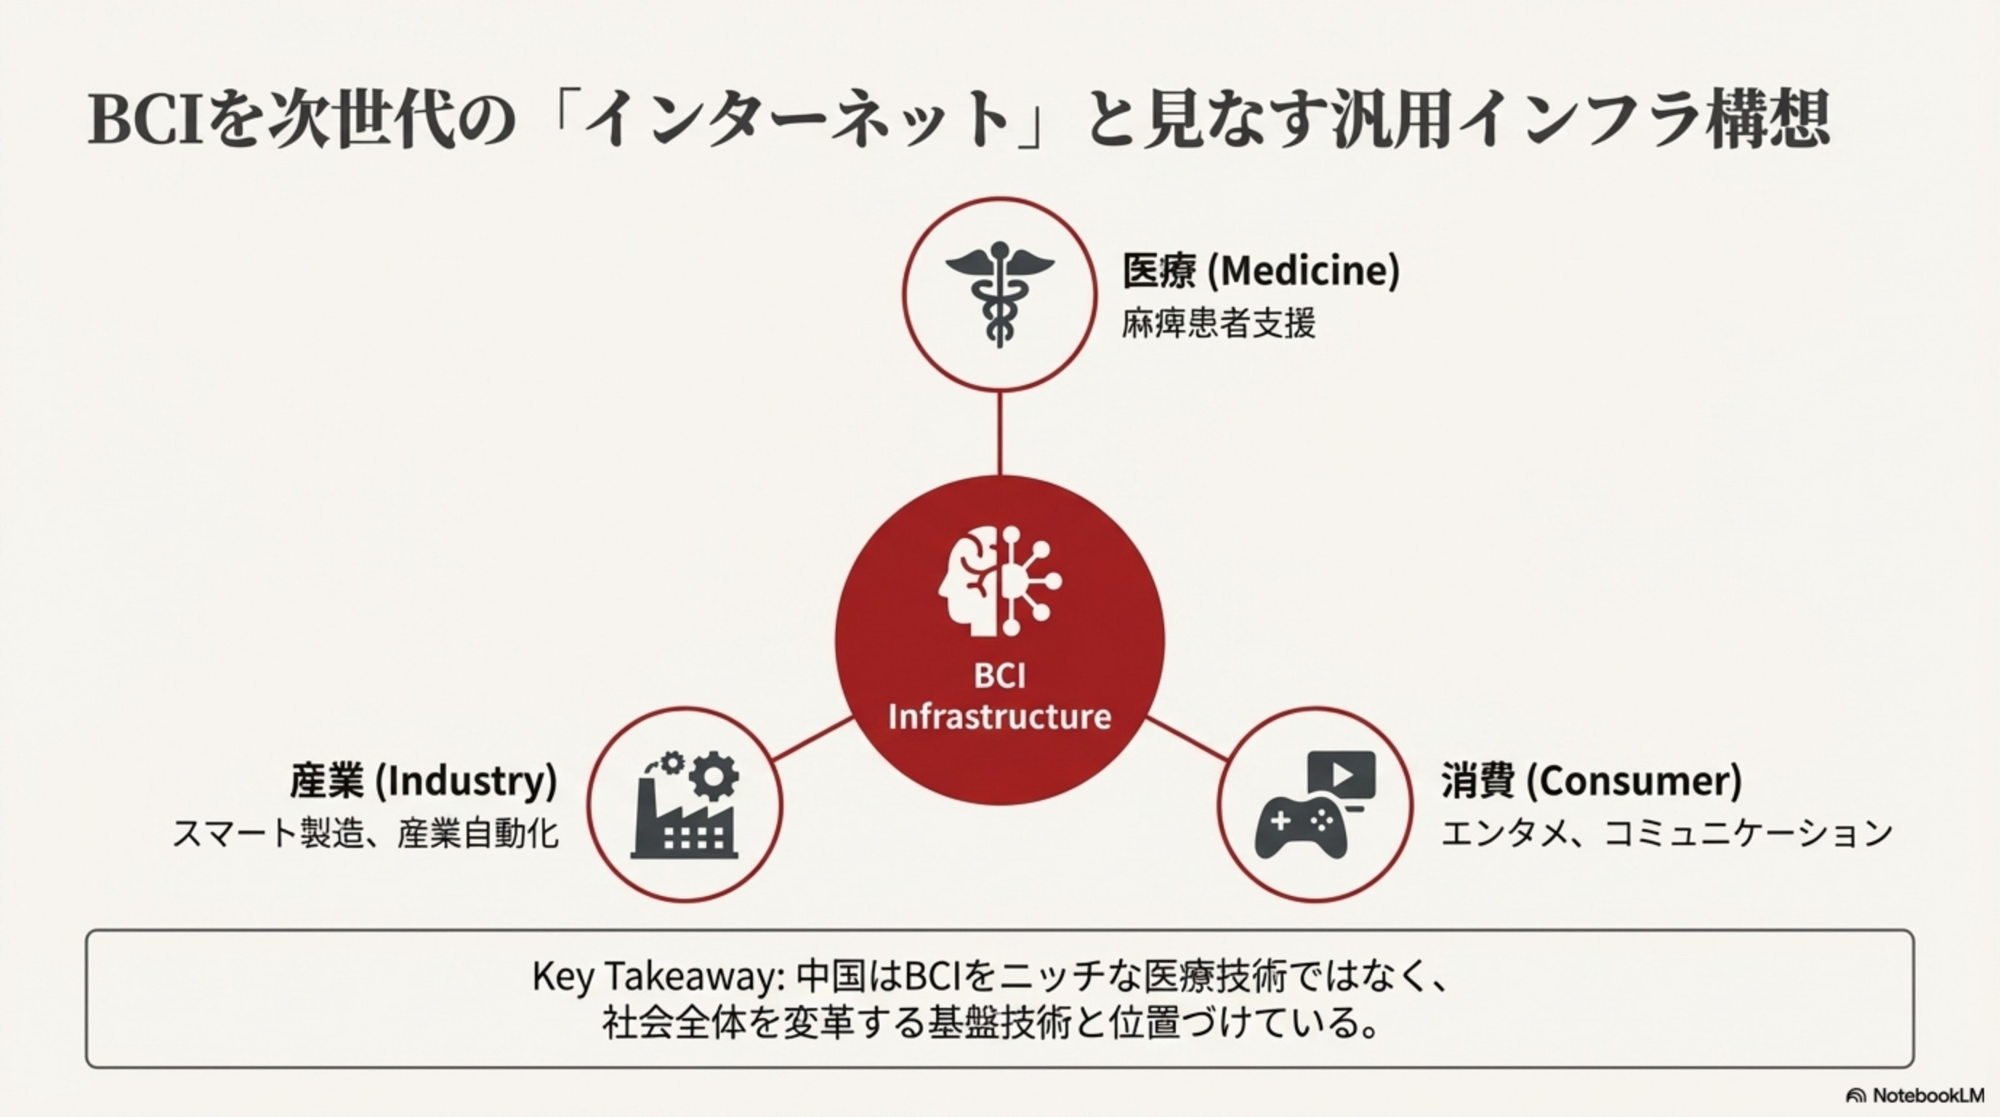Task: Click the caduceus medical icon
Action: pyautogui.click(x=999, y=295)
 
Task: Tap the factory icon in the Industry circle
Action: pyautogui.click(x=684, y=823)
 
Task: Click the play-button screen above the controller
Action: pyautogui.click(x=1342, y=775)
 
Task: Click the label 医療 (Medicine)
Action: pyautogui.click(x=1261, y=271)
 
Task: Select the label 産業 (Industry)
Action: pyautogui.click(x=424, y=780)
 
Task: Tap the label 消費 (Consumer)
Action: pyautogui.click(x=1592, y=780)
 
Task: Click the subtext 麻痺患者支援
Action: pyautogui.click(x=1218, y=323)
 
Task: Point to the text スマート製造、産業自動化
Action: pyautogui.click(x=365, y=834)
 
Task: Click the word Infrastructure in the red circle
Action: pyautogui.click(x=999, y=716)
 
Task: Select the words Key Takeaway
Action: pyautogui.click(x=653, y=977)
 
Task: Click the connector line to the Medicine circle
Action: pyautogui.click(x=999, y=433)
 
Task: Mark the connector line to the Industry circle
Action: pyautogui.click(x=813, y=739)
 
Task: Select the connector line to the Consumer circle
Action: pyautogui.click(x=1187, y=739)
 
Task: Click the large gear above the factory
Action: pyautogui.click(x=714, y=775)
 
